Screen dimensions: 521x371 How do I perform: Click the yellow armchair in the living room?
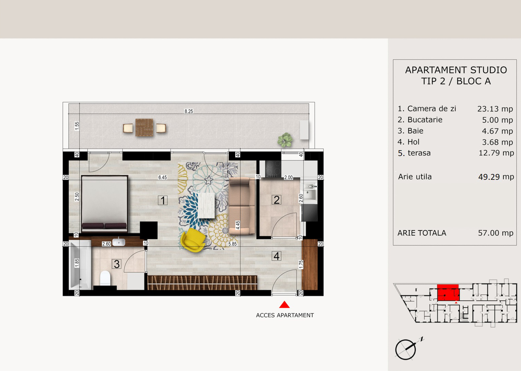(x=193, y=240)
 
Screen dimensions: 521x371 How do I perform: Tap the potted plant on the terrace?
(x=285, y=140)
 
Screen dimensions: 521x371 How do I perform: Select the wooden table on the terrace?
(x=145, y=127)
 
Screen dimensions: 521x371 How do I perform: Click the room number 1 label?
(x=162, y=200)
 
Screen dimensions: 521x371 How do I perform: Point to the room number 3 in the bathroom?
(x=117, y=264)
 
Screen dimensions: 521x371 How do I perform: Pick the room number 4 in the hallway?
(x=276, y=256)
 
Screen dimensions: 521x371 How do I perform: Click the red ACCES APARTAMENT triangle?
(x=284, y=304)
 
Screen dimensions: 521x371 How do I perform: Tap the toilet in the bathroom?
(x=105, y=278)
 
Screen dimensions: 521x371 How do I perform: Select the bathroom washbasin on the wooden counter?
(x=119, y=242)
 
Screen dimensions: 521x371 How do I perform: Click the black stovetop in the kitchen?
(x=273, y=169)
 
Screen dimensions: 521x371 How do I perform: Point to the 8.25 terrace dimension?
(x=189, y=111)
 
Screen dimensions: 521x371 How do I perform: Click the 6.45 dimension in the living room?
(x=162, y=177)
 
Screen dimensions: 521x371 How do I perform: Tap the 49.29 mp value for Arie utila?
(x=496, y=177)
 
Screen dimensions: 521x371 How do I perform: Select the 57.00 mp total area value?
(x=496, y=233)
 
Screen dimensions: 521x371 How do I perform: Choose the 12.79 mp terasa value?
(x=496, y=153)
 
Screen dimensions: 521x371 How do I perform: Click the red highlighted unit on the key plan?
(x=448, y=292)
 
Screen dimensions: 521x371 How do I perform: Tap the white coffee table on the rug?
(x=206, y=205)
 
